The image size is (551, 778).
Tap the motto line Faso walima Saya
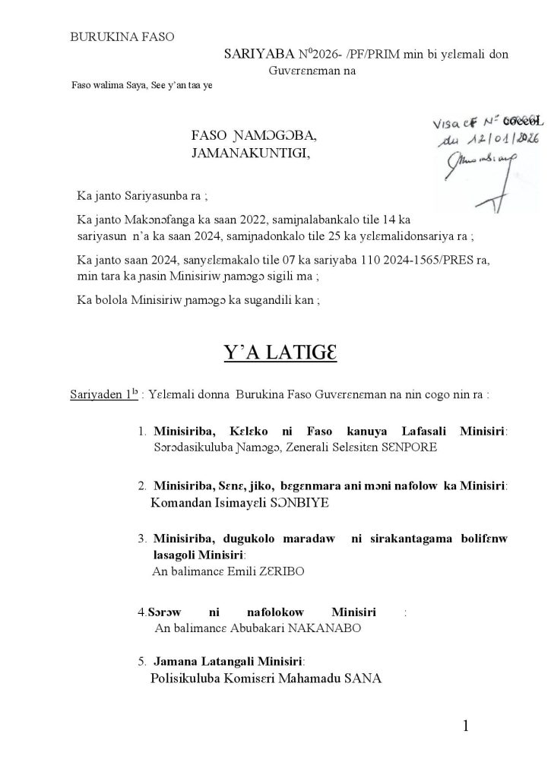coord(141,85)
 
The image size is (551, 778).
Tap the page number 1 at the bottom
coord(466,726)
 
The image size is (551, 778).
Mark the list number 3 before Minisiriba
coord(142,539)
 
